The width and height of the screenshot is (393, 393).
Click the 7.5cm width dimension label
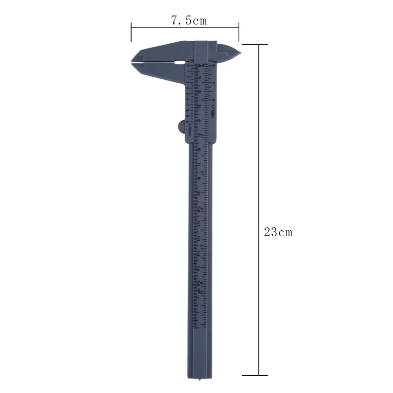tap(189, 20)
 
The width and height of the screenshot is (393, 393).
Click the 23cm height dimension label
tap(278, 232)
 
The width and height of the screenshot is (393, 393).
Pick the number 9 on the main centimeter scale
tap(199, 193)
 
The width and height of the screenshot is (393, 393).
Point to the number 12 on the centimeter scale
tap(199, 239)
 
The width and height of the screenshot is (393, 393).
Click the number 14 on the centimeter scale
tap(199, 270)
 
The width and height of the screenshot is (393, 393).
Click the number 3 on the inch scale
tap(202, 172)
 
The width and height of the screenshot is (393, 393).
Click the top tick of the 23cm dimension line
tap(258, 44)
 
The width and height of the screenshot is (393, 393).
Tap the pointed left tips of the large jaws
tap(131, 62)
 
